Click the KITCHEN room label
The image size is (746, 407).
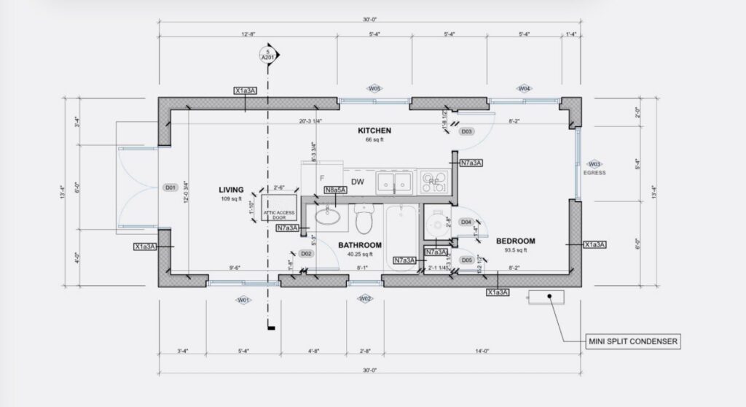[374, 131]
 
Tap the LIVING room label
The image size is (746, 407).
[231, 190]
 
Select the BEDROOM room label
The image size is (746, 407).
[516, 241]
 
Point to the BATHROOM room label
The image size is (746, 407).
[360, 245]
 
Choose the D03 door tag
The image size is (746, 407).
[467, 132]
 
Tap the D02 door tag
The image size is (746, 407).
[307, 253]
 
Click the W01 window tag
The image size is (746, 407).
[243, 299]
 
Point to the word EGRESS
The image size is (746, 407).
[595, 173]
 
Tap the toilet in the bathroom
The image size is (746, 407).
[364, 217]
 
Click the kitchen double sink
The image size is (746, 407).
[395, 181]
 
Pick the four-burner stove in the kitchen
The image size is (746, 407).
[435, 182]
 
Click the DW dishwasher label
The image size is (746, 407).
[357, 182]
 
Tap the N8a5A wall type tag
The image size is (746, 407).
[335, 190]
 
